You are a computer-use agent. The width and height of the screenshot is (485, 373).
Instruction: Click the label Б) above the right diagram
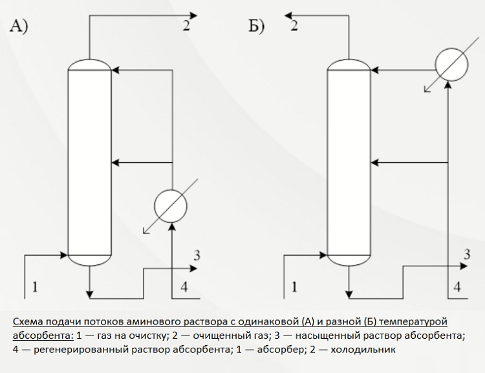257,28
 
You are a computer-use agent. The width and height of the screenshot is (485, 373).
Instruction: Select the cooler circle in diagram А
170,206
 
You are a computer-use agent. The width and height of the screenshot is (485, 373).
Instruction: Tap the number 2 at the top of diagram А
186,26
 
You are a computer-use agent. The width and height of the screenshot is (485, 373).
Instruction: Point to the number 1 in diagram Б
296,285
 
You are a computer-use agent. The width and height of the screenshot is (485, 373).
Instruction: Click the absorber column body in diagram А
90,162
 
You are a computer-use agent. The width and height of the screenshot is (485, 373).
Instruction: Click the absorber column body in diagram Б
350,162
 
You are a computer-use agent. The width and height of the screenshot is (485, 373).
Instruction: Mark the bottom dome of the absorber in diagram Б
350,260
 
